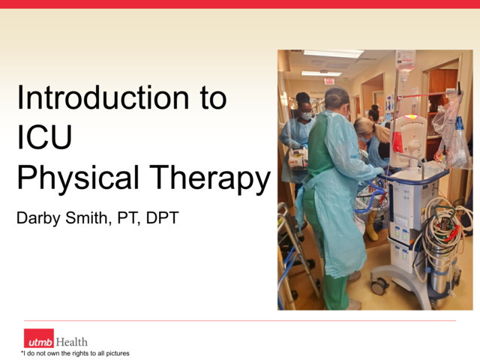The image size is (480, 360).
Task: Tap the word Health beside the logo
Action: coord(71,342)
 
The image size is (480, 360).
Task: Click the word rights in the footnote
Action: coord(81,353)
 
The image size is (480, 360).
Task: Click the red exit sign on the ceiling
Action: coord(328,81)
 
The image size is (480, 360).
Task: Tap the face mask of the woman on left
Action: coord(306,116)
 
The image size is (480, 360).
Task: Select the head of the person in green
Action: coord(337,99)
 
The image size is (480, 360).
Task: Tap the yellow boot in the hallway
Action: coord(371,226)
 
